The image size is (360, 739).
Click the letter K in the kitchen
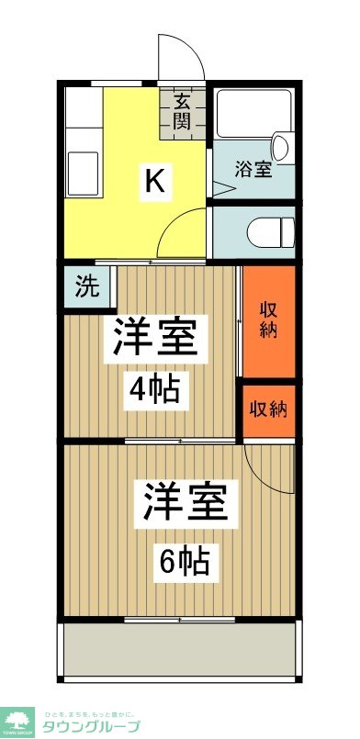pyautogui.click(x=154, y=183)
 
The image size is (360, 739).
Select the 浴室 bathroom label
pyautogui.click(x=253, y=168)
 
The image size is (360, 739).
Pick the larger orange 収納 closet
pyautogui.click(x=269, y=319)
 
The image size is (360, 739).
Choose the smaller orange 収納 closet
pyautogui.click(x=269, y=409)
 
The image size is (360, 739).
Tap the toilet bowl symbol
pyautogui.click(x=268, y=229)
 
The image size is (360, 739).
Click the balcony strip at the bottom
pyautogui.click(x=180, y=653)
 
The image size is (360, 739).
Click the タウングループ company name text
pyautogui.click(x=93, y=726)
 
